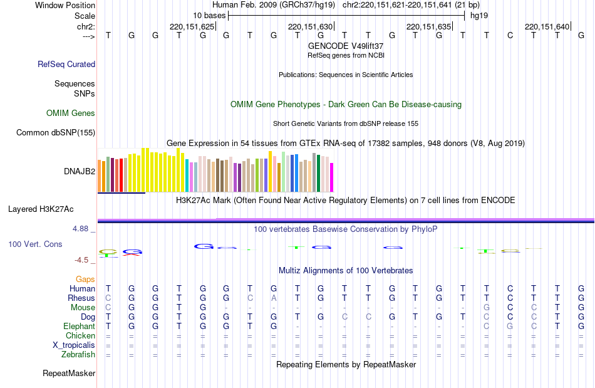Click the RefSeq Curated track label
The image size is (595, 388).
(x=66, y=64)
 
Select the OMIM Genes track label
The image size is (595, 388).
(x=71, y=113)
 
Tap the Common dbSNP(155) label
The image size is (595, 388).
(x=56, y=132)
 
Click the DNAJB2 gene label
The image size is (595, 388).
(x=80, y=171)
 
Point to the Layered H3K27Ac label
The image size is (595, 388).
(x=41, y=209)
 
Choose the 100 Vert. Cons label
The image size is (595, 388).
(x=35, y=244)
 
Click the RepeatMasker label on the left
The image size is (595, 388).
(x=69, y=374)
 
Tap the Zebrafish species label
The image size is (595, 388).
(x=79, y=355)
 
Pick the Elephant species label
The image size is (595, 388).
(x=79, y=327)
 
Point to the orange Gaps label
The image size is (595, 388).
(x=85, y=279)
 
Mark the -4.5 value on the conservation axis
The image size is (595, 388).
(x=81, y=260)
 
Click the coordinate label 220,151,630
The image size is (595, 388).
(x=310, y=26)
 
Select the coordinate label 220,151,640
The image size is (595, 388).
(x=547, y=26)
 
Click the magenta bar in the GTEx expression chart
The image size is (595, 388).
(x=332, y=177)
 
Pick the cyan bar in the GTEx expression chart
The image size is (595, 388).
(x=187, y=176)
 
